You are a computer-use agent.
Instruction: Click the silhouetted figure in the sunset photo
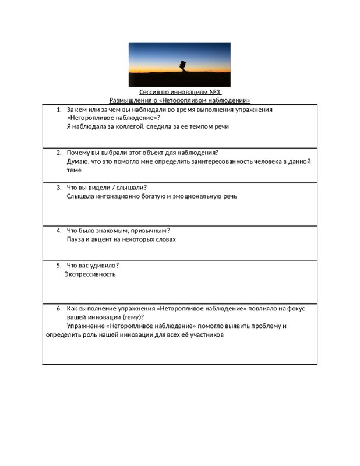click(x=182, y=66)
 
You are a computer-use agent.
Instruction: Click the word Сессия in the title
click(x=150, y=93)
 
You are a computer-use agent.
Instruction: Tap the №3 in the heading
click(x=215, y=93)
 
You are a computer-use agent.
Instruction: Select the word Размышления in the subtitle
click(x=130, y=101)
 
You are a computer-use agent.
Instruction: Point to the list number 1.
click(x=59, y=110)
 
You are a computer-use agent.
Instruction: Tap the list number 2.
click(x=59, y=153)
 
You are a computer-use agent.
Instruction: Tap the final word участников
click(x=206, y=335)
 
